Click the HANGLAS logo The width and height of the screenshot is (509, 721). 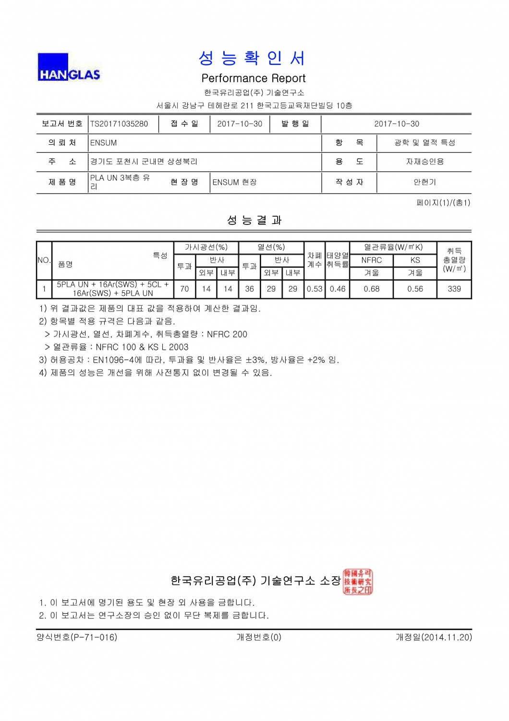pos(69,67)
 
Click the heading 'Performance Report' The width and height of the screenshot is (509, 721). pos(254,78)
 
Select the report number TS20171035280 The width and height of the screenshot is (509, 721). pos(119,124)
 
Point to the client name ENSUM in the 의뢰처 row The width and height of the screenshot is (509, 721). pos(104,143)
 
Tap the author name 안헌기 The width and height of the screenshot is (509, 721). pos(424,182)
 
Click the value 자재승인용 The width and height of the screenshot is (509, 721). pos(424,162)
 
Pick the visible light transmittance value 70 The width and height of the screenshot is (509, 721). pos(184,289)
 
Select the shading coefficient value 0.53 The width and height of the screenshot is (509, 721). pos(315,289)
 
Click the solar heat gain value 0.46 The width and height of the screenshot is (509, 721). pos(338,289)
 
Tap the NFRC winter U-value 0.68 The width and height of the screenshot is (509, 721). pos(372,289)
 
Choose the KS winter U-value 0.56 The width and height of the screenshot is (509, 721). pos(415,289)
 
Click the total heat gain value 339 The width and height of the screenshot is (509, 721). pos(454,289)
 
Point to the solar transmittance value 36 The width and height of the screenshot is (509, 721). pos(250,289)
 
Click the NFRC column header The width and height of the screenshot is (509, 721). pos(372,260)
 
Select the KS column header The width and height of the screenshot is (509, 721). pos(415,260)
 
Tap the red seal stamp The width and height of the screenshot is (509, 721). pos(358,582)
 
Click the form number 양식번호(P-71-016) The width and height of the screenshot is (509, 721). pos(77,637)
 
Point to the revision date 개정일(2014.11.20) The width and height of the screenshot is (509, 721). pos(434,637)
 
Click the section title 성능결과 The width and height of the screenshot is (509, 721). pos(254,220)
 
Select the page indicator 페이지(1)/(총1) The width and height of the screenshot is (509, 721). pos(443,203)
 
